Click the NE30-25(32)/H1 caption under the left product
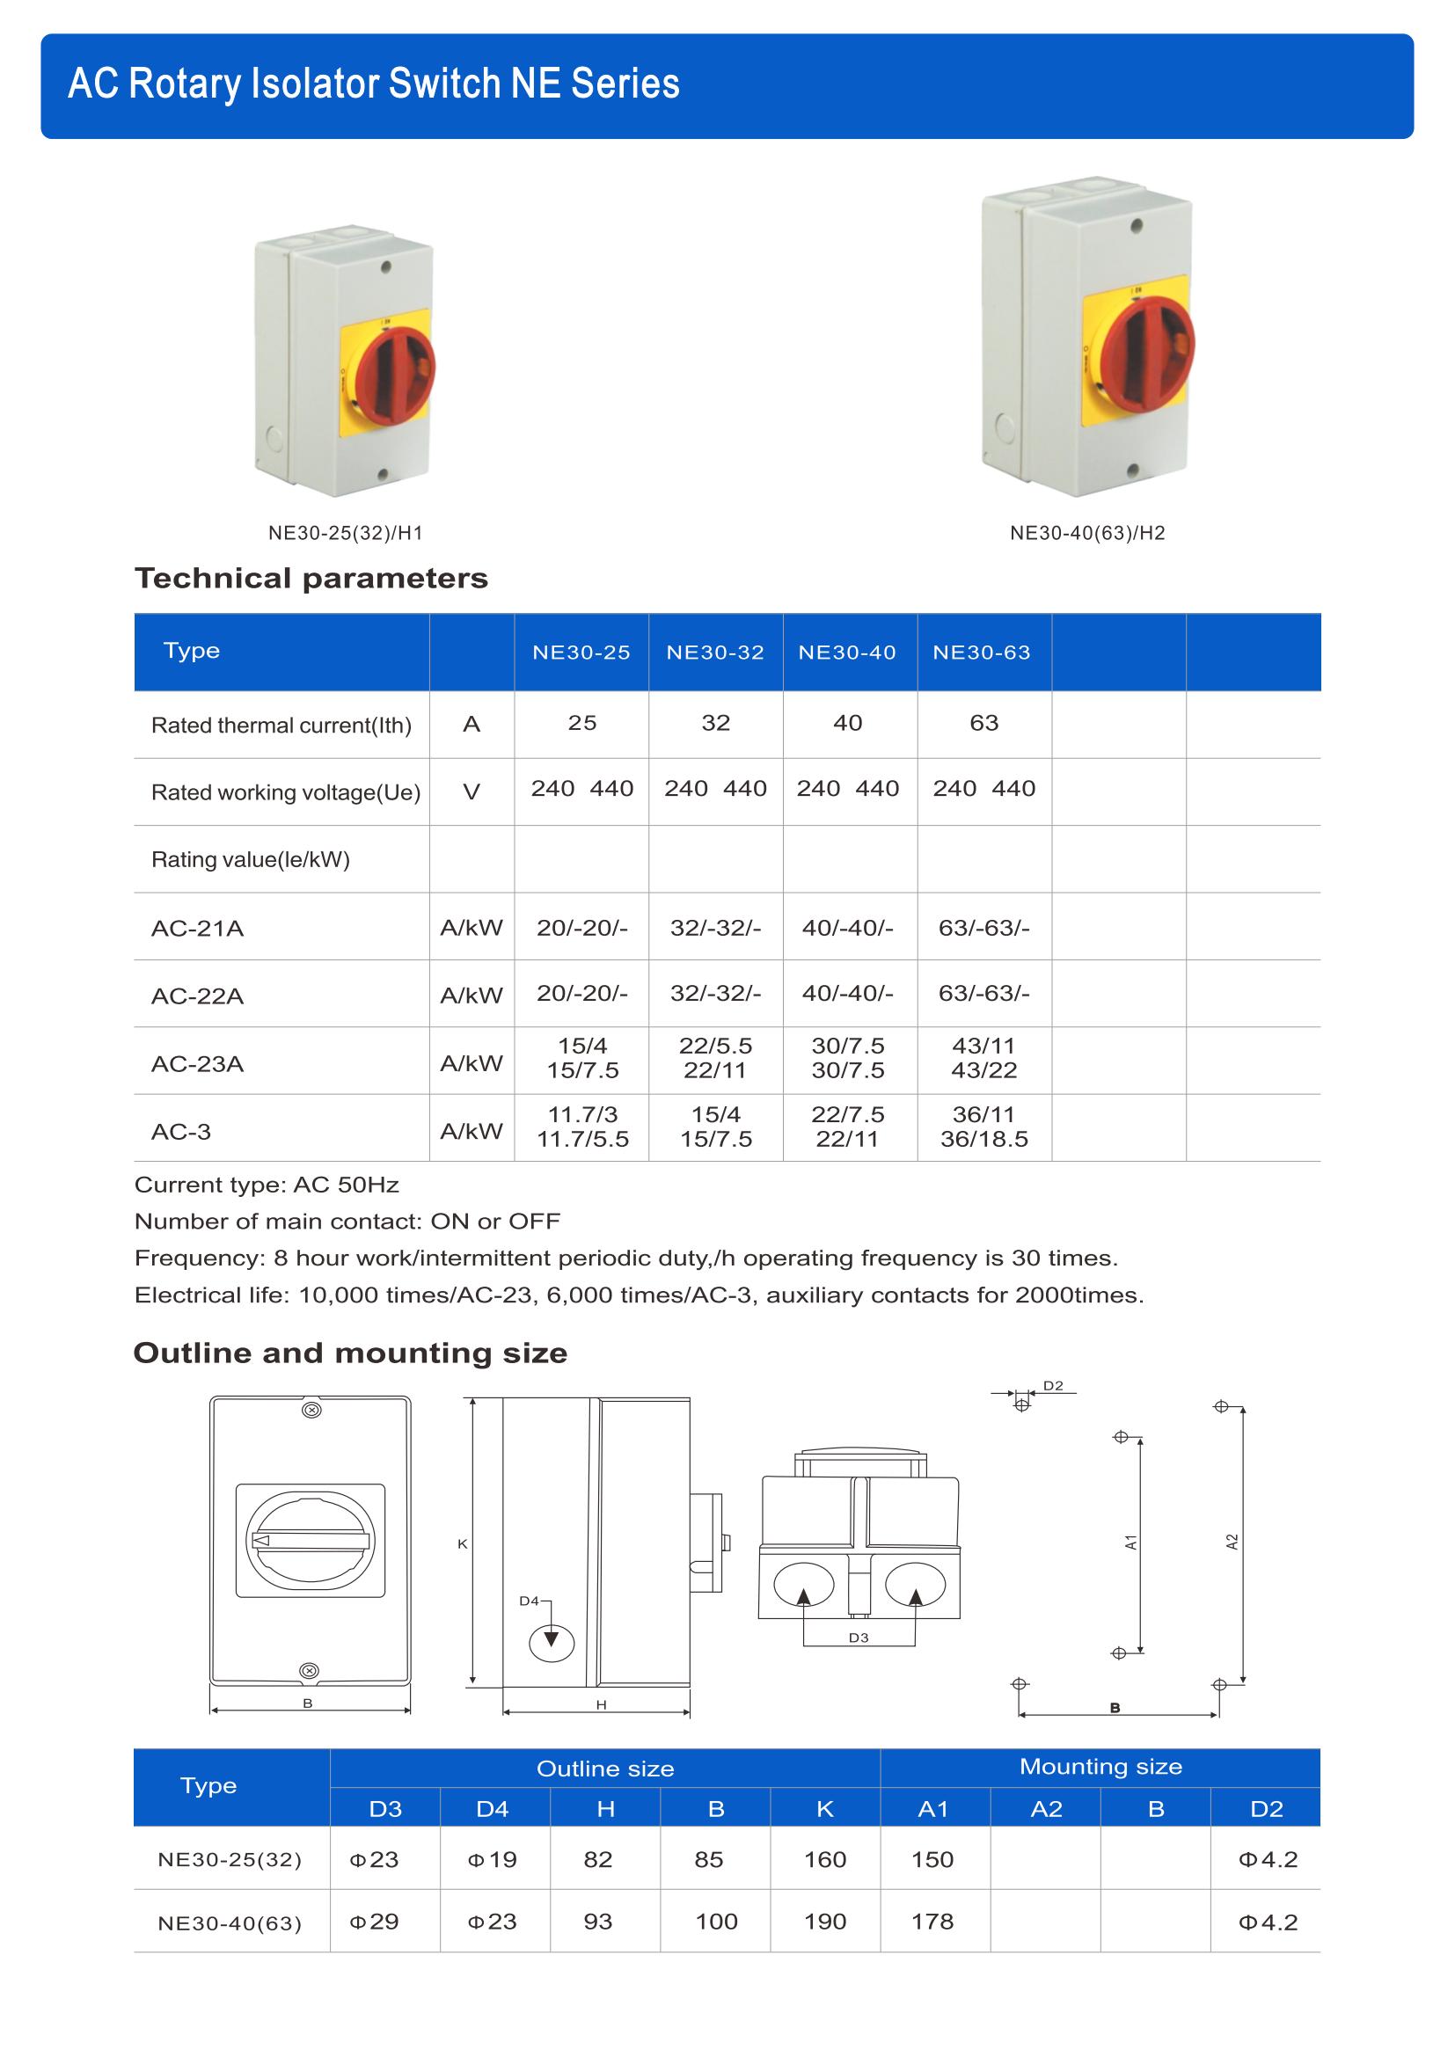point(345,533)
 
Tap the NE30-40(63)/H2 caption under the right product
point(1086,533)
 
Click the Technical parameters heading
point(311,579)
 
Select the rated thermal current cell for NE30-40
point(847,723)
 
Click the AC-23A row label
point(197,1063)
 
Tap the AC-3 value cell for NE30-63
point(983,1127)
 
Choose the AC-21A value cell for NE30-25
point(582,928)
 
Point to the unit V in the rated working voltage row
point(472,792)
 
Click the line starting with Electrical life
point(639,1295)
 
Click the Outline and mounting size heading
point(349,1353)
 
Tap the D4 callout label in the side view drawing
point(530,1600)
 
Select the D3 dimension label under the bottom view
point(859,1638)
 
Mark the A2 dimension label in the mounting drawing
point(1232,1542)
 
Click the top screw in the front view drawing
point(311,1410)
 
